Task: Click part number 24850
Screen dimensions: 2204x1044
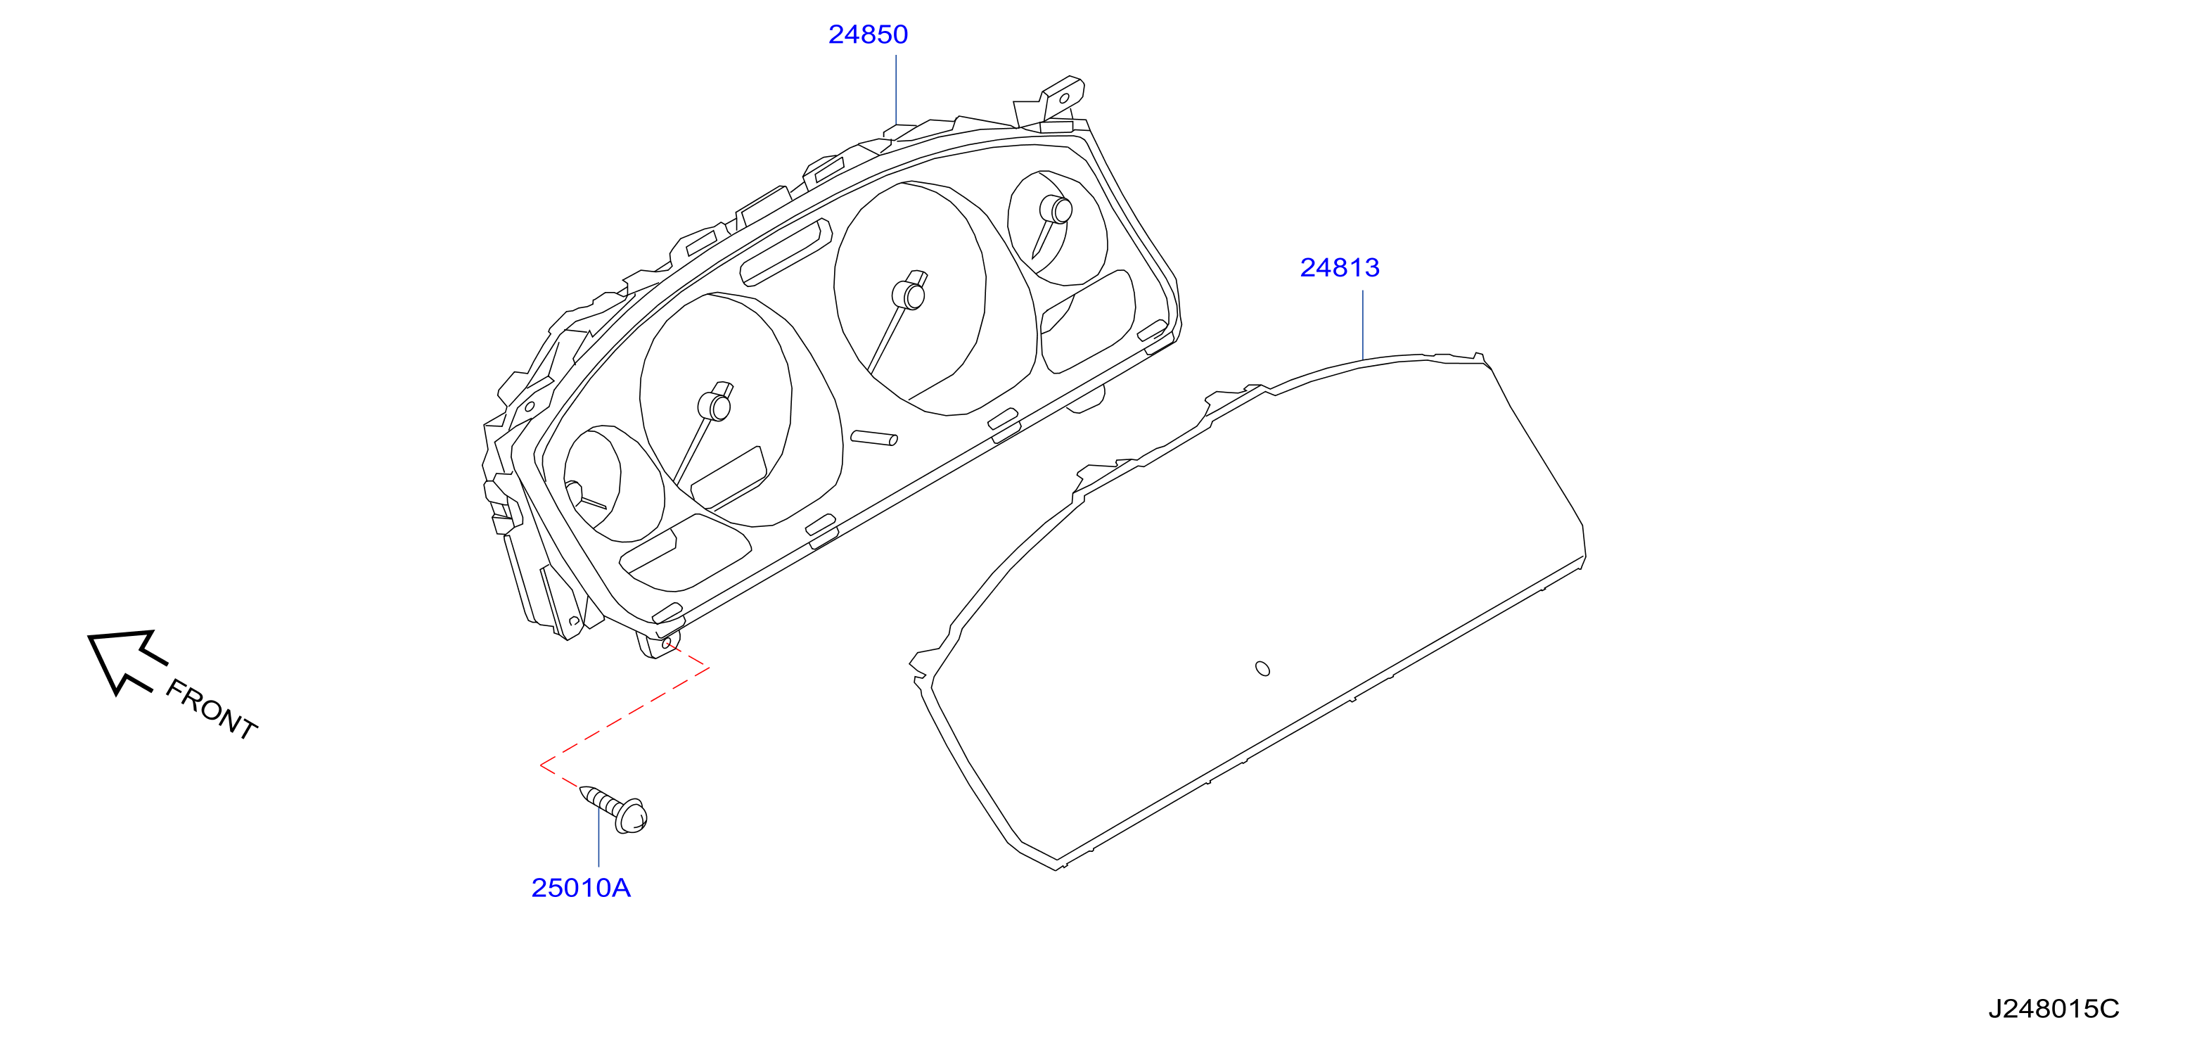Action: (868, 34)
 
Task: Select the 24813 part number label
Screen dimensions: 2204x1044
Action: (1340, 268)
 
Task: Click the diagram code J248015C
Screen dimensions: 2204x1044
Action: (2054, 1009)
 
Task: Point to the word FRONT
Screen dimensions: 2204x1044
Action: (210, 709)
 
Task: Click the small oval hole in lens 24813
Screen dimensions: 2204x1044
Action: (1262, 668)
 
